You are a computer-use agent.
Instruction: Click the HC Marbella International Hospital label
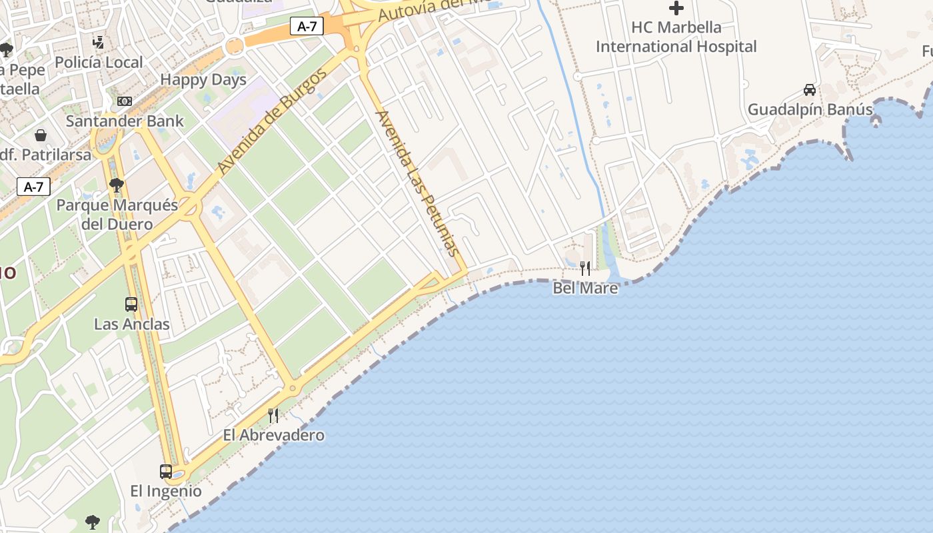[x=676, y=37]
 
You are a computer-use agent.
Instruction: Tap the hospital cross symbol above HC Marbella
[x=676, y=9]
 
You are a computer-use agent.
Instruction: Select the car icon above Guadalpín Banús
[x=810, y=90]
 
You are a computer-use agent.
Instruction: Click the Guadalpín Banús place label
[x=810, y=109]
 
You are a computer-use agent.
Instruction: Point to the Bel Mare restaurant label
[x=585, y=288]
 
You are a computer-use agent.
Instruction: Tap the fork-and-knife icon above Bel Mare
[x=585, y=268]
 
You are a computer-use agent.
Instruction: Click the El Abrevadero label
[x=273, y=435]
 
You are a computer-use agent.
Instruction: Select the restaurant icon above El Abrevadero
[x=273, y=416]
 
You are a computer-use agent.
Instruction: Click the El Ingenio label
[x=166, y=491]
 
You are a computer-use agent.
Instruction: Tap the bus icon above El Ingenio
[x=166, y=472]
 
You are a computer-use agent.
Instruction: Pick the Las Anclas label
[x=132, y=324]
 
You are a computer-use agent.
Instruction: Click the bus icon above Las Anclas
[x=131, y=304]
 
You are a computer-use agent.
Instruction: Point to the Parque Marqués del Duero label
[x=117, y=214]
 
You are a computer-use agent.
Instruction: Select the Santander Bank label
[x=125, y=121]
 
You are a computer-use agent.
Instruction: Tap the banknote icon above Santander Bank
[x=125, y=101]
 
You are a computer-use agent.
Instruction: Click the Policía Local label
[x=99, y=63]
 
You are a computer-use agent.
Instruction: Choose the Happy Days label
[x=203, y=80]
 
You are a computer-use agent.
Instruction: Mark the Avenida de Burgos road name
[x=273, y=121]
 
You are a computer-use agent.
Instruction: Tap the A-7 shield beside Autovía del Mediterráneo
[x=307, y=27]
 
